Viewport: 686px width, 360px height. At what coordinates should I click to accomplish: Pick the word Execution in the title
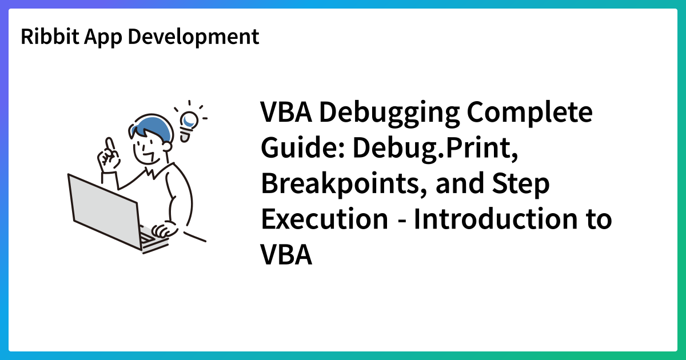coord(324,219)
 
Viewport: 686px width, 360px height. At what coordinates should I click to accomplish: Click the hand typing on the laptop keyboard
coord(166,230)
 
